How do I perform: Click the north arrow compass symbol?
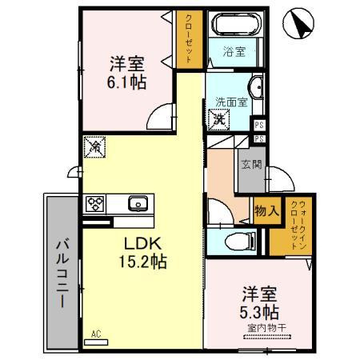click(298, 23)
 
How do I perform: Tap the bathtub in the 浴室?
click(235, 23)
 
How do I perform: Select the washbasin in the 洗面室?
click(256, 86)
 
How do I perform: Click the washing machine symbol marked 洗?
click(218, 120)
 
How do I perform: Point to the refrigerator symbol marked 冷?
click(94, 147)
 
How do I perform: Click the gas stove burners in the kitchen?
click(94, 204)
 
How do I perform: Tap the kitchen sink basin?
click(138, 203)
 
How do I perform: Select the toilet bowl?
click(240, 242)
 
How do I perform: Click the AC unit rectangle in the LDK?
click(96, 342)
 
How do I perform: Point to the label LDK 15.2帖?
click(142, 252)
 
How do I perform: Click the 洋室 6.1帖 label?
click(126, 73)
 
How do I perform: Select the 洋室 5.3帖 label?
click(259, 303)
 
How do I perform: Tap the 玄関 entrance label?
click(251, 164)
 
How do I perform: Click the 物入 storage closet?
click(267, 211)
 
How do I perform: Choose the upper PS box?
click(259, 125)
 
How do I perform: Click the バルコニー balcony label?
click(62, 274)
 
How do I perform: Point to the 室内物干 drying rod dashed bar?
click(267, 337)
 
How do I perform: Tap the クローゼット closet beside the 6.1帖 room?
click(189, 39)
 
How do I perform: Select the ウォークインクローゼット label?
click(298, 225)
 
